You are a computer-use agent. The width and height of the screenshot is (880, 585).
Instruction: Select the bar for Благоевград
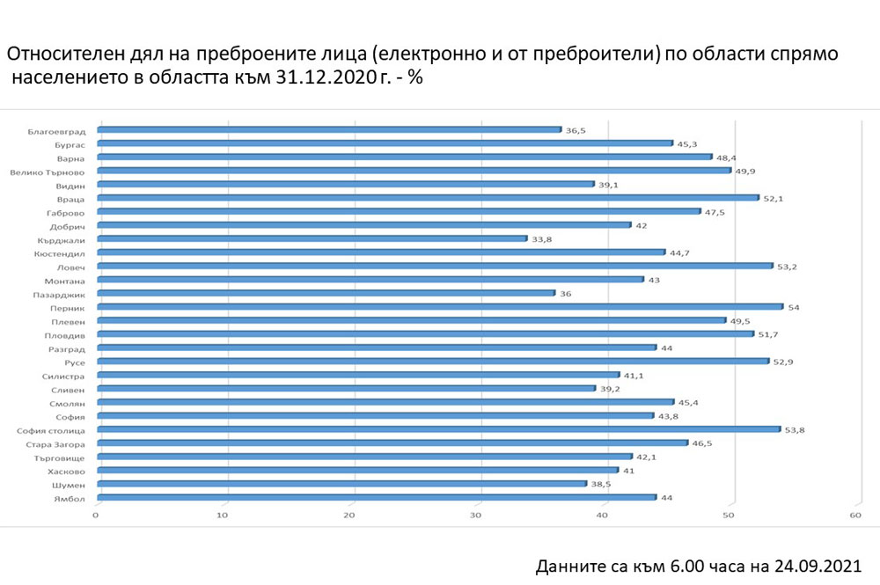point(328,129)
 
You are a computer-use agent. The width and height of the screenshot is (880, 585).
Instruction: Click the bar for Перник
point(439,306)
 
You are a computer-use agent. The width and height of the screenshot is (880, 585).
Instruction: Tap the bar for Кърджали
point(312,238)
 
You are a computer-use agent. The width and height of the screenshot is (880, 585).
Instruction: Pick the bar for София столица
point(438,429)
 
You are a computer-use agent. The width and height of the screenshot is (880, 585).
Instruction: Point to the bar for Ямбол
point(376,497)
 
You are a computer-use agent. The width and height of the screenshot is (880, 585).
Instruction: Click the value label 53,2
point(786,266)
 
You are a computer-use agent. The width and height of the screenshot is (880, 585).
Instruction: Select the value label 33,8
point(540,238)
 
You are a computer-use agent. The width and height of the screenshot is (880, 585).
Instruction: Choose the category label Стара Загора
point(60,443)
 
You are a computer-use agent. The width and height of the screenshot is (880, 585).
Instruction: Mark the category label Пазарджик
point(61,293)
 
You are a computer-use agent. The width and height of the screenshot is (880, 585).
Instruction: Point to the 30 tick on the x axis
point(477,515)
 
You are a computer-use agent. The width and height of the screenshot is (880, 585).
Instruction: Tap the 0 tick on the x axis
point(97,515)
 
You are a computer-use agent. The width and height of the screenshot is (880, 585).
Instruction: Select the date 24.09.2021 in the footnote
point(813,565)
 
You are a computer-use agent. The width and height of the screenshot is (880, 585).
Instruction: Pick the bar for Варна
point(404,157)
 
